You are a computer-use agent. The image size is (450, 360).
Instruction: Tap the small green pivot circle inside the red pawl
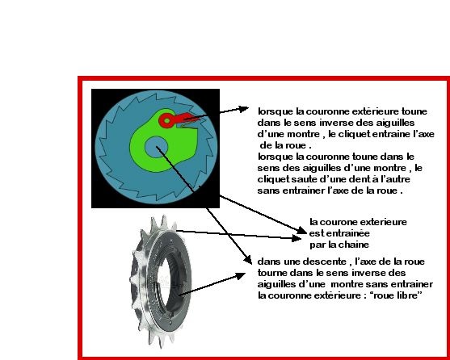point(166,120)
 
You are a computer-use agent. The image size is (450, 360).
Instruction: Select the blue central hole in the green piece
point(156,147)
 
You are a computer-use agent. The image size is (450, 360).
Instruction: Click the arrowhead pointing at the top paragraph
point(243,109)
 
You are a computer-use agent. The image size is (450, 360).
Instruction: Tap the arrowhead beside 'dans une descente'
point(247,260)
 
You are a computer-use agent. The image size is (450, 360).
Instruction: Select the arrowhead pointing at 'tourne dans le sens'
point(240,276)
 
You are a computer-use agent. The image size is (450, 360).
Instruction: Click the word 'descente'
point(323,262)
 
